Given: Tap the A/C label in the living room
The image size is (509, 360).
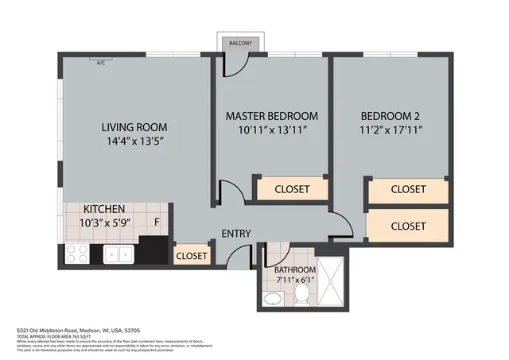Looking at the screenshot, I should pos(101,62).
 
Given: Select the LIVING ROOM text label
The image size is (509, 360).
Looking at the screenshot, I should pos(134,127).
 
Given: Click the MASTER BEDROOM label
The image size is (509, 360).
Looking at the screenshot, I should pos(271,115).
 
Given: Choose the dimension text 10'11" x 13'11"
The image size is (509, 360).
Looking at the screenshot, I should pos(271,131).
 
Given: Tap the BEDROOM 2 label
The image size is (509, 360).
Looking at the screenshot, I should pos(390,115).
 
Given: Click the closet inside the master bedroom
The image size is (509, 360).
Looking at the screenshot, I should pos(292,189).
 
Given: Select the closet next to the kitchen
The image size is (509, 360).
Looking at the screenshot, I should pos(191,255).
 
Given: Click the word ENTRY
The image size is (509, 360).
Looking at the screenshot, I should pos(236,234).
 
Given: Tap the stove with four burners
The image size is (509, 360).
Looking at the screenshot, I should pos(77,254).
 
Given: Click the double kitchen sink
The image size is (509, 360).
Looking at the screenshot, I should pos(121,254).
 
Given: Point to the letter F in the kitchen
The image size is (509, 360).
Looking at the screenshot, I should pos(157,222).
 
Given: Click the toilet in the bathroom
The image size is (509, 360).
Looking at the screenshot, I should pos(302,295).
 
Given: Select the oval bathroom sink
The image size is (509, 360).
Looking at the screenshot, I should pos(273,300).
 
